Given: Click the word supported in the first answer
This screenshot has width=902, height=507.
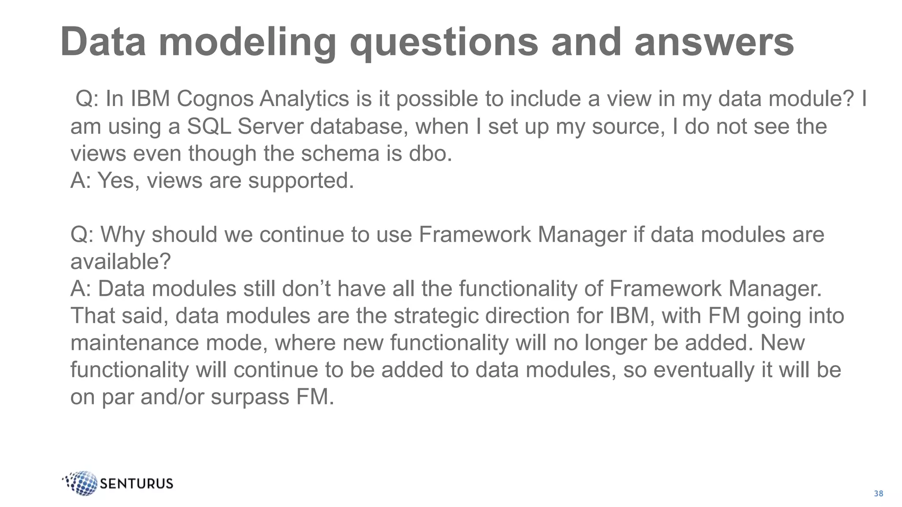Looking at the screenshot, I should (301, 181).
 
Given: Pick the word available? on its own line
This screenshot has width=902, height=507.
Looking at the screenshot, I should (120, 262).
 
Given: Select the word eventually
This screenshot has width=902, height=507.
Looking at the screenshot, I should (703, 370).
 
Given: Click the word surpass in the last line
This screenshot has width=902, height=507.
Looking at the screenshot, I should (250, 397).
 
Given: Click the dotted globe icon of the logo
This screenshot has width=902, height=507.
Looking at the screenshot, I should (82, 483).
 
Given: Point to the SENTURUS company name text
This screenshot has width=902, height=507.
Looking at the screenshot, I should (137, 484).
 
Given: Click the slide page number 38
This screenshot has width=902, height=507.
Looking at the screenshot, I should (878, 494).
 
